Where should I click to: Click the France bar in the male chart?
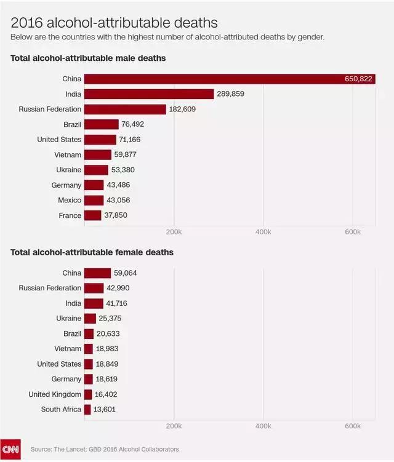click(92, 215)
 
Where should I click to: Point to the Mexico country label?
click(66, 200)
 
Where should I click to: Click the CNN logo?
click(10, 448)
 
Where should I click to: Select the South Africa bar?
click(87, 409)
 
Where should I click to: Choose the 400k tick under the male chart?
click(263, 232)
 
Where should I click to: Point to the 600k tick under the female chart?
click(353, 426)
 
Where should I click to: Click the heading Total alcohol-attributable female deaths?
click(92, 252)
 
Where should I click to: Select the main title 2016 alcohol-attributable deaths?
click(115, 23)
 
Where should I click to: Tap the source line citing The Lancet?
click(105, 449)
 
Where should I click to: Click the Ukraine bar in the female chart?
click(90, 319)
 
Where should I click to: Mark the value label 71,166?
click(131, 140)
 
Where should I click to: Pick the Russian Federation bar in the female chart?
click(94, 288)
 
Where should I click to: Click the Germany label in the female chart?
click(66, 379)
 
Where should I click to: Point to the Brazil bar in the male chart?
click(101, 124)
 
